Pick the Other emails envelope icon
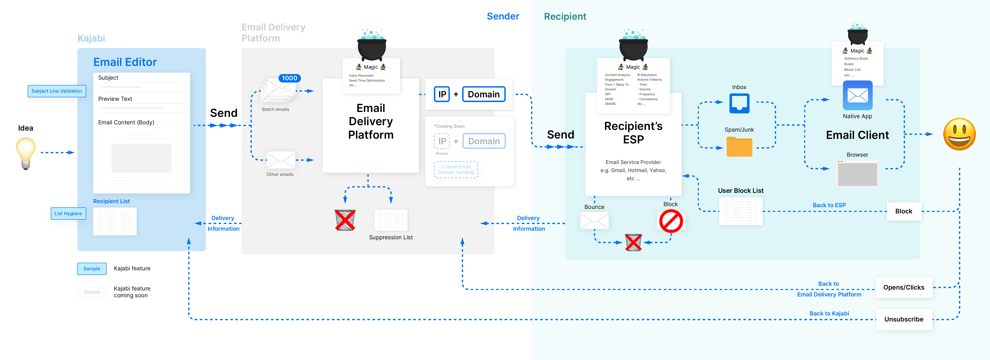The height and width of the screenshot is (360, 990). click(280, 160)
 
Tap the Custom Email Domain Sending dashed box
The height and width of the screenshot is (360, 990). click(456, 170)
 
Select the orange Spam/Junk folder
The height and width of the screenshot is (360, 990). click(739, 147)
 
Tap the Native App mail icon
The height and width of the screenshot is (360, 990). click(857, 96)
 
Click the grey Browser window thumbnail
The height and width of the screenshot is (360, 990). click(857, 173)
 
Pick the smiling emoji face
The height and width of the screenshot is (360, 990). click(959, 134)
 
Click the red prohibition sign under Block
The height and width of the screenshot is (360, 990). click(671, 222)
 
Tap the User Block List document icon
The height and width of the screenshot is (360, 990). click(741, 211)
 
